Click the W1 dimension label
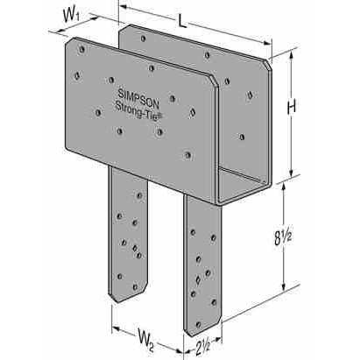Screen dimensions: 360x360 pyautogui.click(x=71, y=16)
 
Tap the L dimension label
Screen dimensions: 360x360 pyautogui.click(x=182, y=21)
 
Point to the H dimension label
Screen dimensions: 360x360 pyautogui.click(x=292, y=107)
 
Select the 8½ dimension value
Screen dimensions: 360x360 pyautogui.click(x=283, y=238)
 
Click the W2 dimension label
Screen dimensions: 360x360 pyautogui.click(x=146, y=339)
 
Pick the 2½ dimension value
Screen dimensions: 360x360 pyautogui.click(x=202, y=348)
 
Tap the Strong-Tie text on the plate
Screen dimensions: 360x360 pyautogui.click(x=138, y=110)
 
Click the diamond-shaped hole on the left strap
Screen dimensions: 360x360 pyautogui.click(x=135, y=248)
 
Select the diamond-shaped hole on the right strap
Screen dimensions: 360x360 pyautogui.click(x=198, y=280)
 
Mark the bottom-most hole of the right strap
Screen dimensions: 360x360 pyautogui.click(x=199, y=324)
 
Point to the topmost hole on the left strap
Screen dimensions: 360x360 pyautogui.click(x=139, y=195)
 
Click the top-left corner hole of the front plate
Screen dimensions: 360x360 pyautogui.click(x=82, y=49)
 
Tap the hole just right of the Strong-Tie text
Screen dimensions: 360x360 pyautogui.click(x=192, y=112)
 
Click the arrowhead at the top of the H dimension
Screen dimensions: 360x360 pyautogui.click(x=291, y=55)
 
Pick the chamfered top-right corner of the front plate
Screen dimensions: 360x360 pyautogui.click(x=215, y=81)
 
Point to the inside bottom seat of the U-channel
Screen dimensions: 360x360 pyautogui.click(x=244, y=184)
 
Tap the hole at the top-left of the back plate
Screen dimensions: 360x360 pyautogui.click(x=143, y=39)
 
